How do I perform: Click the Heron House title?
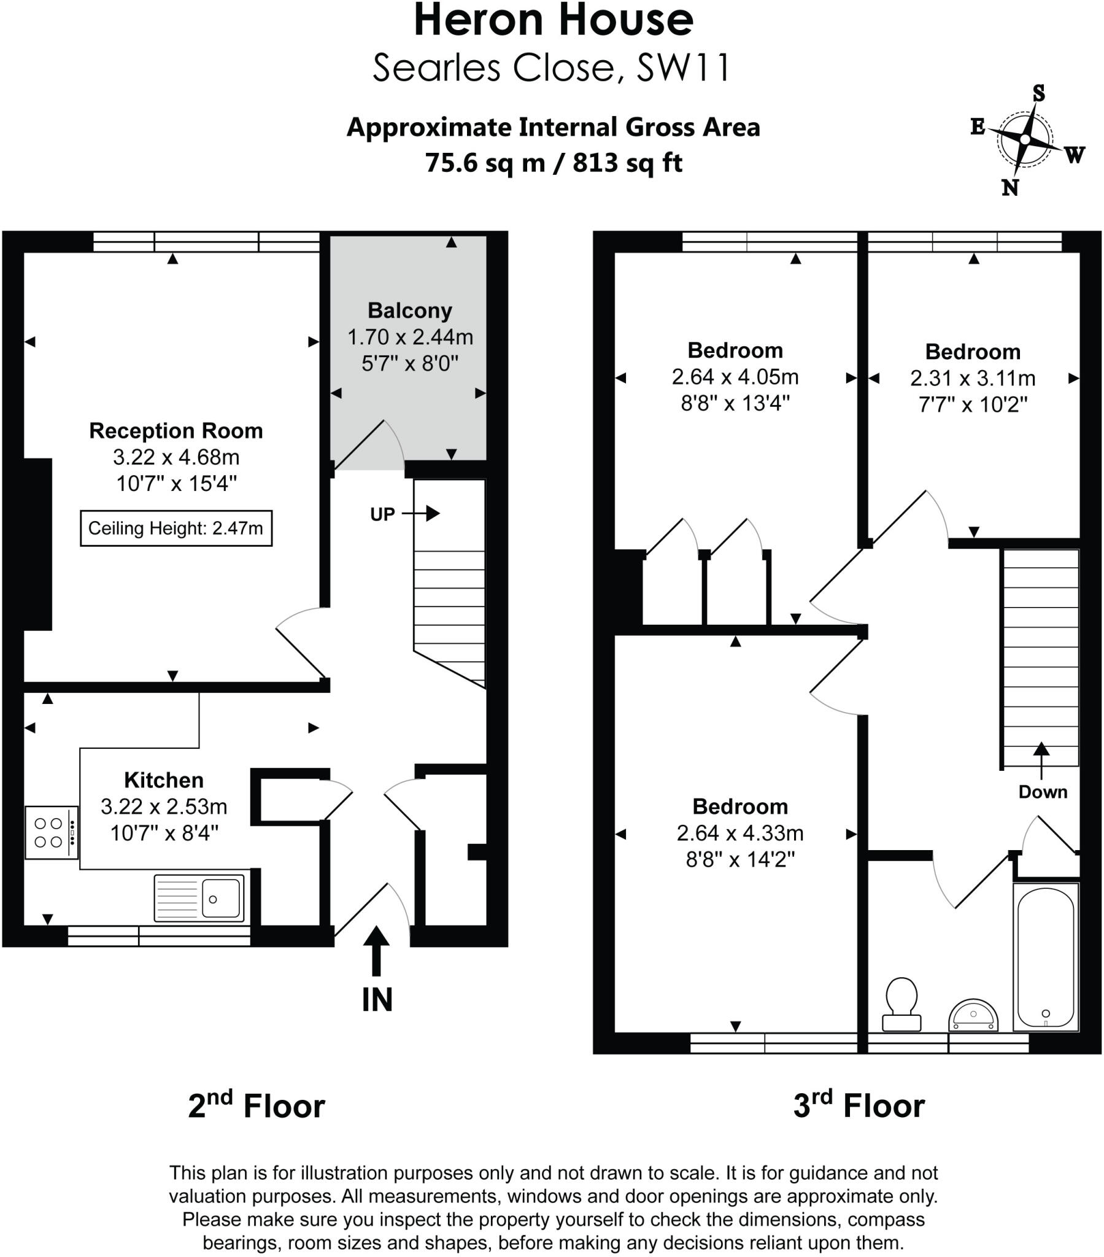tap(554, 21)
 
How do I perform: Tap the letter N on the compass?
tap(1009, 188)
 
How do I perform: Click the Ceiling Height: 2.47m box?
tap(176, 528)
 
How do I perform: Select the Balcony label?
tap(409, 311)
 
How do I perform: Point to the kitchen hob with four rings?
tap(52, 832)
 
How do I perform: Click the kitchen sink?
tap(199, 899)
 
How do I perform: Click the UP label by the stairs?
tap(382, 515)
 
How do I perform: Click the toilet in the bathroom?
tap(901, 1004)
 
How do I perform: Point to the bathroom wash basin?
tap(973, 1015)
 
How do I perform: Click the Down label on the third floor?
tap(1043, 792)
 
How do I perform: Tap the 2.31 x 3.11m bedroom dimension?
tap(973, 378)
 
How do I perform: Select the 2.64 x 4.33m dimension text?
tap(740, 833)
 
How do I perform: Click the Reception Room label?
tap(176, 431)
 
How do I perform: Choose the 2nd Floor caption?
tap(256, 1107)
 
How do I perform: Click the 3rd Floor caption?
tap(859, 1107)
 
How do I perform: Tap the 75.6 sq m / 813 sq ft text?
tap(554, 164)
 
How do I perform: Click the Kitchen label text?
tap(164, 780)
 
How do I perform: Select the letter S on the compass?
tap(1038, 93)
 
